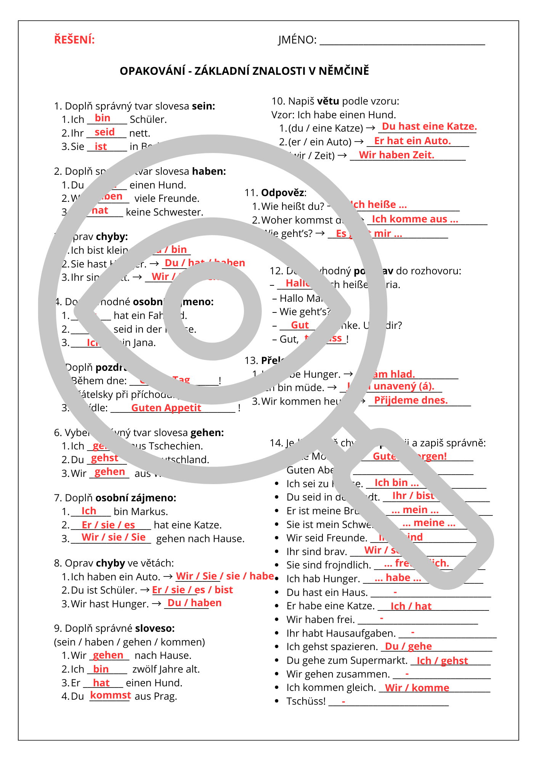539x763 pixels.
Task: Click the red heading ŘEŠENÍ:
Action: (74, 40)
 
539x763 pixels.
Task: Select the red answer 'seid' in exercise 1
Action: (104, 132)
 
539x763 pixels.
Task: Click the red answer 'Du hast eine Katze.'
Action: (429, 127)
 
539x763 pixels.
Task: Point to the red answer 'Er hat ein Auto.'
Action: (412, 141)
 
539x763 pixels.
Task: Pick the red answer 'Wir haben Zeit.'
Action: (396, 155)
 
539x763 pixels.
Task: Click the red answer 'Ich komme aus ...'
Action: (415, 219)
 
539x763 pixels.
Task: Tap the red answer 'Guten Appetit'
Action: (166, 408)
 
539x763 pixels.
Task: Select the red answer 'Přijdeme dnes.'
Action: (411, 401)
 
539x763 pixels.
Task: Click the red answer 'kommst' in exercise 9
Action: (111, 695)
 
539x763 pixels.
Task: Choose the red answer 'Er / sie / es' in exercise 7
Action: (108, 525)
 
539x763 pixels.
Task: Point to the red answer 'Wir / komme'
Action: (417, 688)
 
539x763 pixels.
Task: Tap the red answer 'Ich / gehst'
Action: (442, 661)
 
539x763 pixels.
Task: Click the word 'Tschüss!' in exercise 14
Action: (306, 702)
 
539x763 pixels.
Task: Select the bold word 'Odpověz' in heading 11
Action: (283, 193)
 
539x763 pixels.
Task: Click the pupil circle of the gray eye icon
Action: (212, 311)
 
